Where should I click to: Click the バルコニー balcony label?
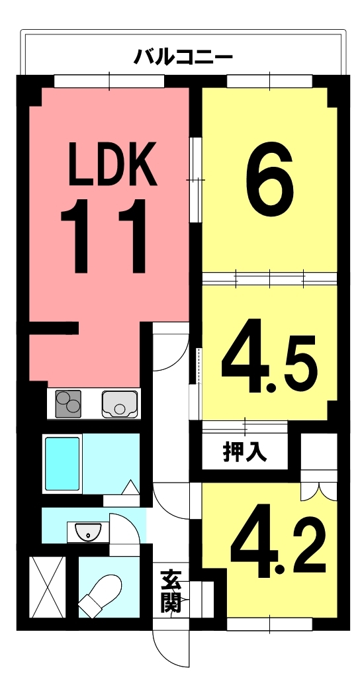pos(183,57)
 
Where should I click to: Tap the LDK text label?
pos(112,163)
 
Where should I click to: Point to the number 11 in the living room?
pos(104,236)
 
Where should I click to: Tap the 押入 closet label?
pos(245,453)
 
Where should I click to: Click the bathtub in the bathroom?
pos(62,463)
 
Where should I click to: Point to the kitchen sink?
pos(119,404)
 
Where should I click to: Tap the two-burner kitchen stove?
pos(68,404)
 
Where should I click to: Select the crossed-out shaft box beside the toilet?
pos(48,586)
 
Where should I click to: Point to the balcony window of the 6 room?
pos(269,81)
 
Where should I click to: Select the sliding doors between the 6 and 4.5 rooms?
pos(269,279)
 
